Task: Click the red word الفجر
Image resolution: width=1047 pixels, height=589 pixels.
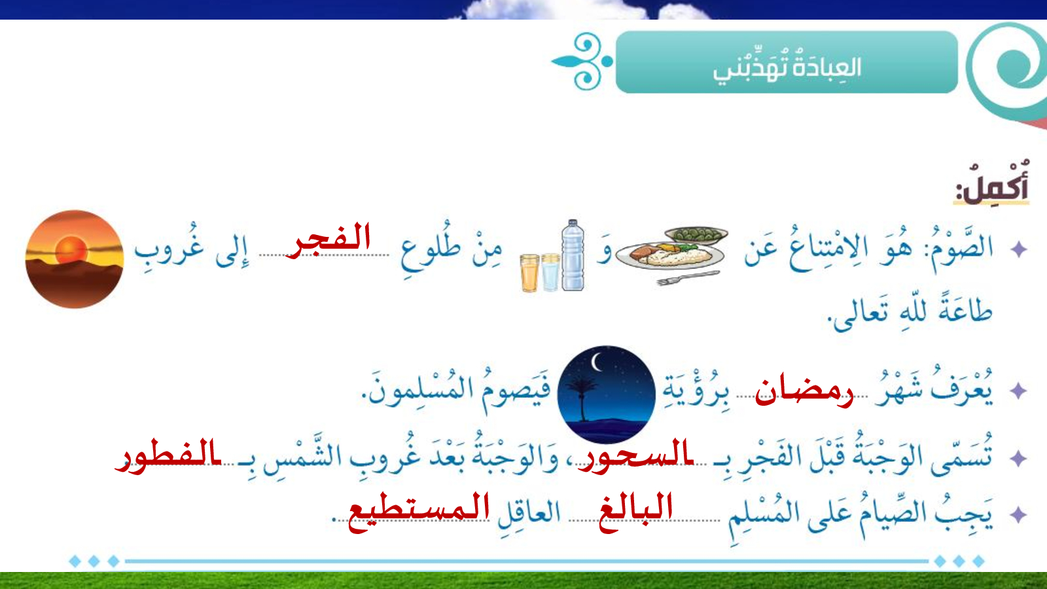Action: point(328,240)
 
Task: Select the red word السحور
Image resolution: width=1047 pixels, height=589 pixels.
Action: point(635,455)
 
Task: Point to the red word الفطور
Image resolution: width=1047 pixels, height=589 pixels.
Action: point(168,455)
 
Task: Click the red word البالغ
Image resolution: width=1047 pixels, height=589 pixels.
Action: point(635,511)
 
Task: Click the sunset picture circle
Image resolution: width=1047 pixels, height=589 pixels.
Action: point(75,259)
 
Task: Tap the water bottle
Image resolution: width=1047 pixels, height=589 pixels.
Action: point(573,255)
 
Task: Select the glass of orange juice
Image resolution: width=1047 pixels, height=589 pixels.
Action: point(529,273)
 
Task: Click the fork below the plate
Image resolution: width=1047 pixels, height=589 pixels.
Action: point(688,277)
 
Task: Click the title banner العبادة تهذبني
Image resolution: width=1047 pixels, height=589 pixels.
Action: point(787,62)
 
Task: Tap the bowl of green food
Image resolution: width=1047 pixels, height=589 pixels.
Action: point(696,235)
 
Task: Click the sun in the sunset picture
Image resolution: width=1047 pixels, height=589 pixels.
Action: point(71,250)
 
